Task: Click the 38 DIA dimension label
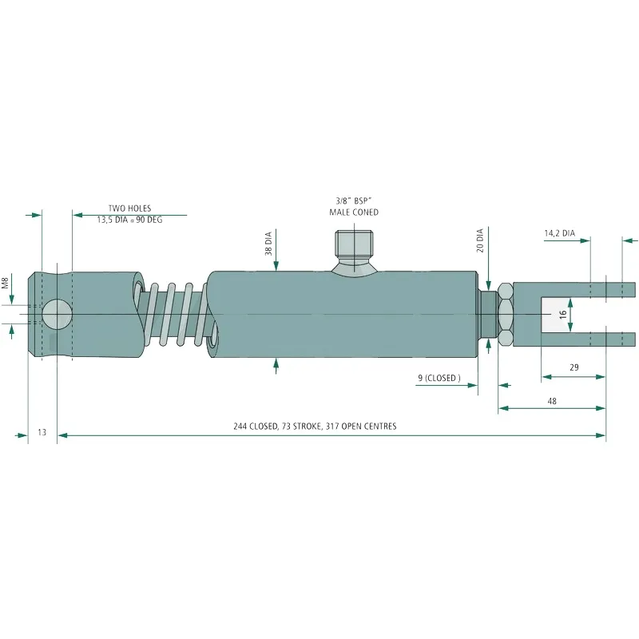click(268, 244)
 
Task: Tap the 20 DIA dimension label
click(480, 240)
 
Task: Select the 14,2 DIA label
click(560, 233)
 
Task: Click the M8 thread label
click(5, 283)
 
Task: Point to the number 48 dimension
click(552, 402)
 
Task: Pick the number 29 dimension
click(574, 367)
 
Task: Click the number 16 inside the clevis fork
click(563, 315)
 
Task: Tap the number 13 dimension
click(42, 432)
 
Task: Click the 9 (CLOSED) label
click(439, 378)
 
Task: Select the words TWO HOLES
click(129, 208)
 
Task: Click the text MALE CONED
click(354, 212)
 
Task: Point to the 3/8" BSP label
click(354, 201)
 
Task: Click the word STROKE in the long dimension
click(306, 427)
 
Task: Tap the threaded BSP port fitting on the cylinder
click(354, 252)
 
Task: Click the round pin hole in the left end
click(58, 314)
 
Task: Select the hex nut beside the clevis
click(506, 314)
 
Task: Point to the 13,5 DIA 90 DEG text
click(129, 220)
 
